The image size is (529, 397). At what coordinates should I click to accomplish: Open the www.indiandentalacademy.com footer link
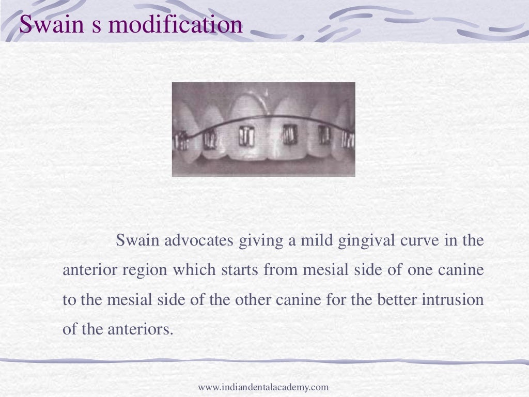pyautogui.click(x=263, y=387)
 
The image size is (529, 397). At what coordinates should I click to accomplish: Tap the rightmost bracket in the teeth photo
pyautogui.click(x=348, y=139)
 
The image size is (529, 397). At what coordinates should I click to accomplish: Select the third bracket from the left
pyautogui.click(x=245, y=135)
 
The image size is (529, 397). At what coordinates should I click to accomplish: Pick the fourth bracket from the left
pyautogui.click(x=290, y=134)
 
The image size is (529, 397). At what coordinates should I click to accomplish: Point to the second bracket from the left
pyautogui.click(x=210, y=139)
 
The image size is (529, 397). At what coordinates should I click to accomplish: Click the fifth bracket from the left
pyautogui.click(x=324, y=134)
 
